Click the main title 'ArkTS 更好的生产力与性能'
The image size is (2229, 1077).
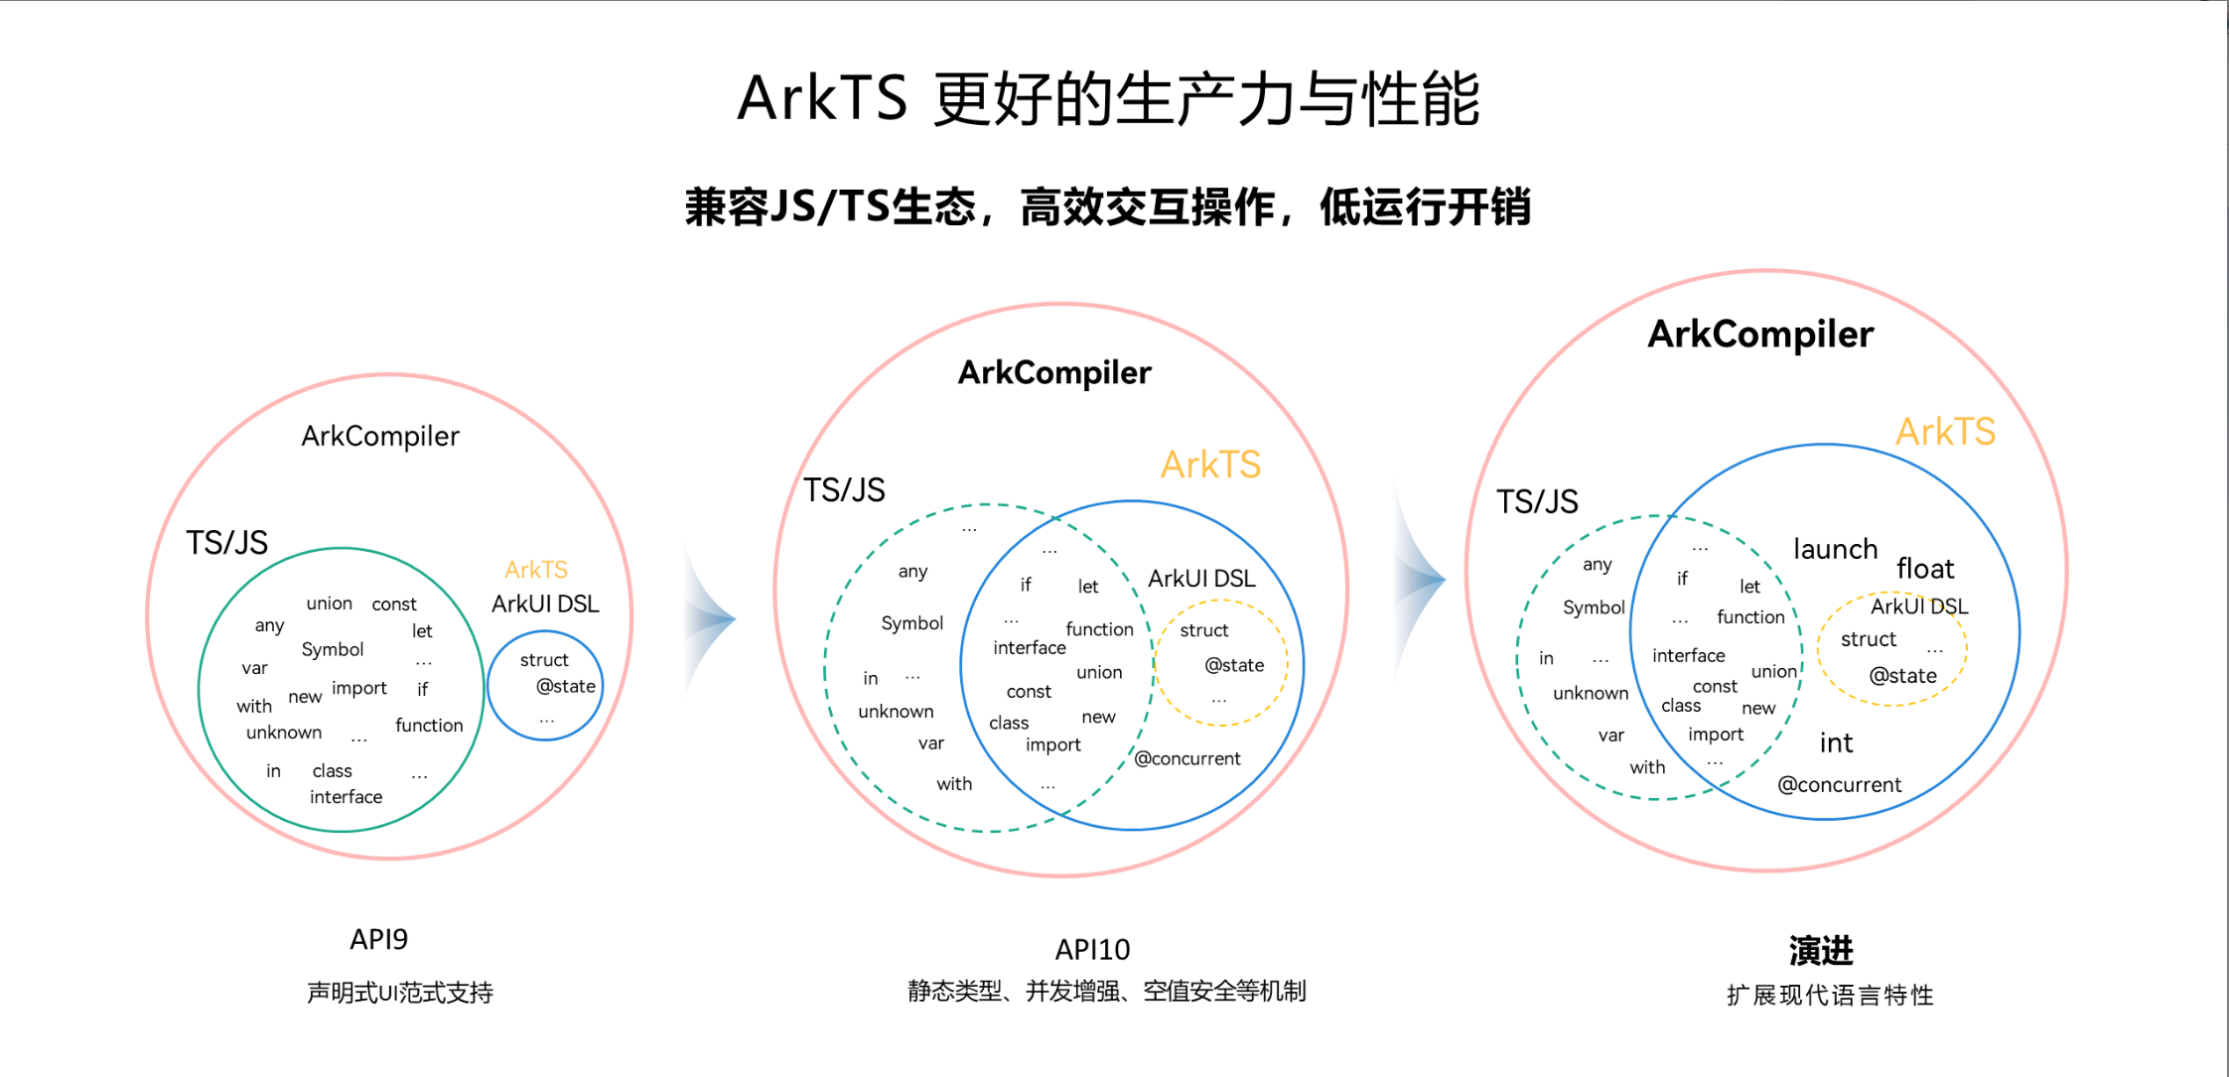(x=1108, y=99)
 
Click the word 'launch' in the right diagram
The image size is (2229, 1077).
(x=1835, y=549)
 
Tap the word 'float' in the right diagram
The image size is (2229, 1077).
(x=1924, y=569)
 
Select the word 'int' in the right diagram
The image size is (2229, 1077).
(x=1835, y=742)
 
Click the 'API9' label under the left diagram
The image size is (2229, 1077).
(x=378, y=939)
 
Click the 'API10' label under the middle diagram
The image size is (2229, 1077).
(x=1092, y=950)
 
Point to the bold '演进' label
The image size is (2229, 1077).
(x=1820, y=951)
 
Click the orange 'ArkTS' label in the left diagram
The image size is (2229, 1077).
(x=536, y=570)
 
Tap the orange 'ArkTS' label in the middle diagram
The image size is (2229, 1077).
(x=1210, y=465)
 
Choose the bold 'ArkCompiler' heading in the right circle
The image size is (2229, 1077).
(x=1760, y=335)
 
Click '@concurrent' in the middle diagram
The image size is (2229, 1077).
(x=1186, y=758)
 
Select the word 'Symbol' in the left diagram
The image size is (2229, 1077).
(x=333, y=649)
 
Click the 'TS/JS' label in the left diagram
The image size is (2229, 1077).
(x=227, y=543)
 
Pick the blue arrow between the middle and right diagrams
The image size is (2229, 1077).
(x=1422, y=579)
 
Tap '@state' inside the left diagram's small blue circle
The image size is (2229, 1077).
(x=566, y=686)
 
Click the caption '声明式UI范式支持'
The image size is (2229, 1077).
(x=399, y=993)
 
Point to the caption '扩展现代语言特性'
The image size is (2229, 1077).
(x=1829, y=995)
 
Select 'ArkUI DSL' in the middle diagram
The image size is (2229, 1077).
(x=1201, y=579)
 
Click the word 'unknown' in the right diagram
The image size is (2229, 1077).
(x=1590, y=693)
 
